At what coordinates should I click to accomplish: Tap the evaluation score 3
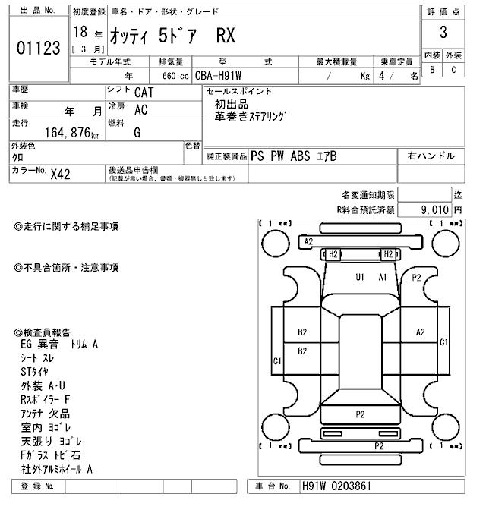click(443, 33)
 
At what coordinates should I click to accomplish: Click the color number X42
click(60, 174)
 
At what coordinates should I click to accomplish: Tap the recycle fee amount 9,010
click(436, 209)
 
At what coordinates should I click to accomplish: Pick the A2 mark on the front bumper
click(308, 241)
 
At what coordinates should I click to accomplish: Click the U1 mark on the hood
click(360, 277)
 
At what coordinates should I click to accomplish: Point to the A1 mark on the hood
click(383, 277)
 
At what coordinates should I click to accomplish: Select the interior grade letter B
click(433, 70)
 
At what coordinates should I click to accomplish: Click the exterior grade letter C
click(453, 70)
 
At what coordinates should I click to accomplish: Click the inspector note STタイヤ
click(34, 372)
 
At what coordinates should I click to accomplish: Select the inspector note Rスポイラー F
click(46, 399)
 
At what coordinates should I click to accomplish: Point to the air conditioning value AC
click(140, 109)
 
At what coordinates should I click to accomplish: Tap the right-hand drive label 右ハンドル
click(431, 156)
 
